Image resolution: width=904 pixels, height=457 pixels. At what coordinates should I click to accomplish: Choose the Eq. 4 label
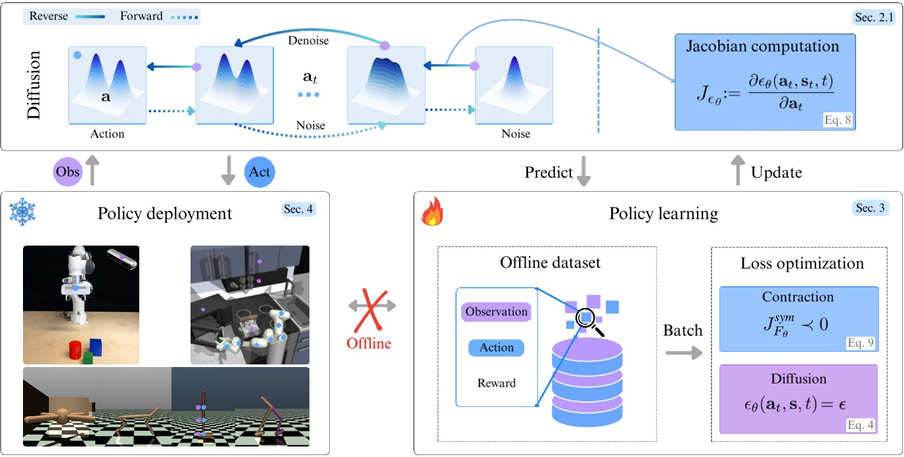tap(855, 425)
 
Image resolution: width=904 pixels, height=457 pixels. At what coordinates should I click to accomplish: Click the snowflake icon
tap(22, 212)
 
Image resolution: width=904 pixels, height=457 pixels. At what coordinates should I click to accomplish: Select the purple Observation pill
tap(496, 312)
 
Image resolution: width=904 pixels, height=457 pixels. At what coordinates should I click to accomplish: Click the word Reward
tap(496, 383)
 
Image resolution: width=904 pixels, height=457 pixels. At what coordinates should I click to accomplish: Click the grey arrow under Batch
tap(683, 353)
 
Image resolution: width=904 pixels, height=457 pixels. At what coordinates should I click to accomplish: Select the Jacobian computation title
tap(763, 47)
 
